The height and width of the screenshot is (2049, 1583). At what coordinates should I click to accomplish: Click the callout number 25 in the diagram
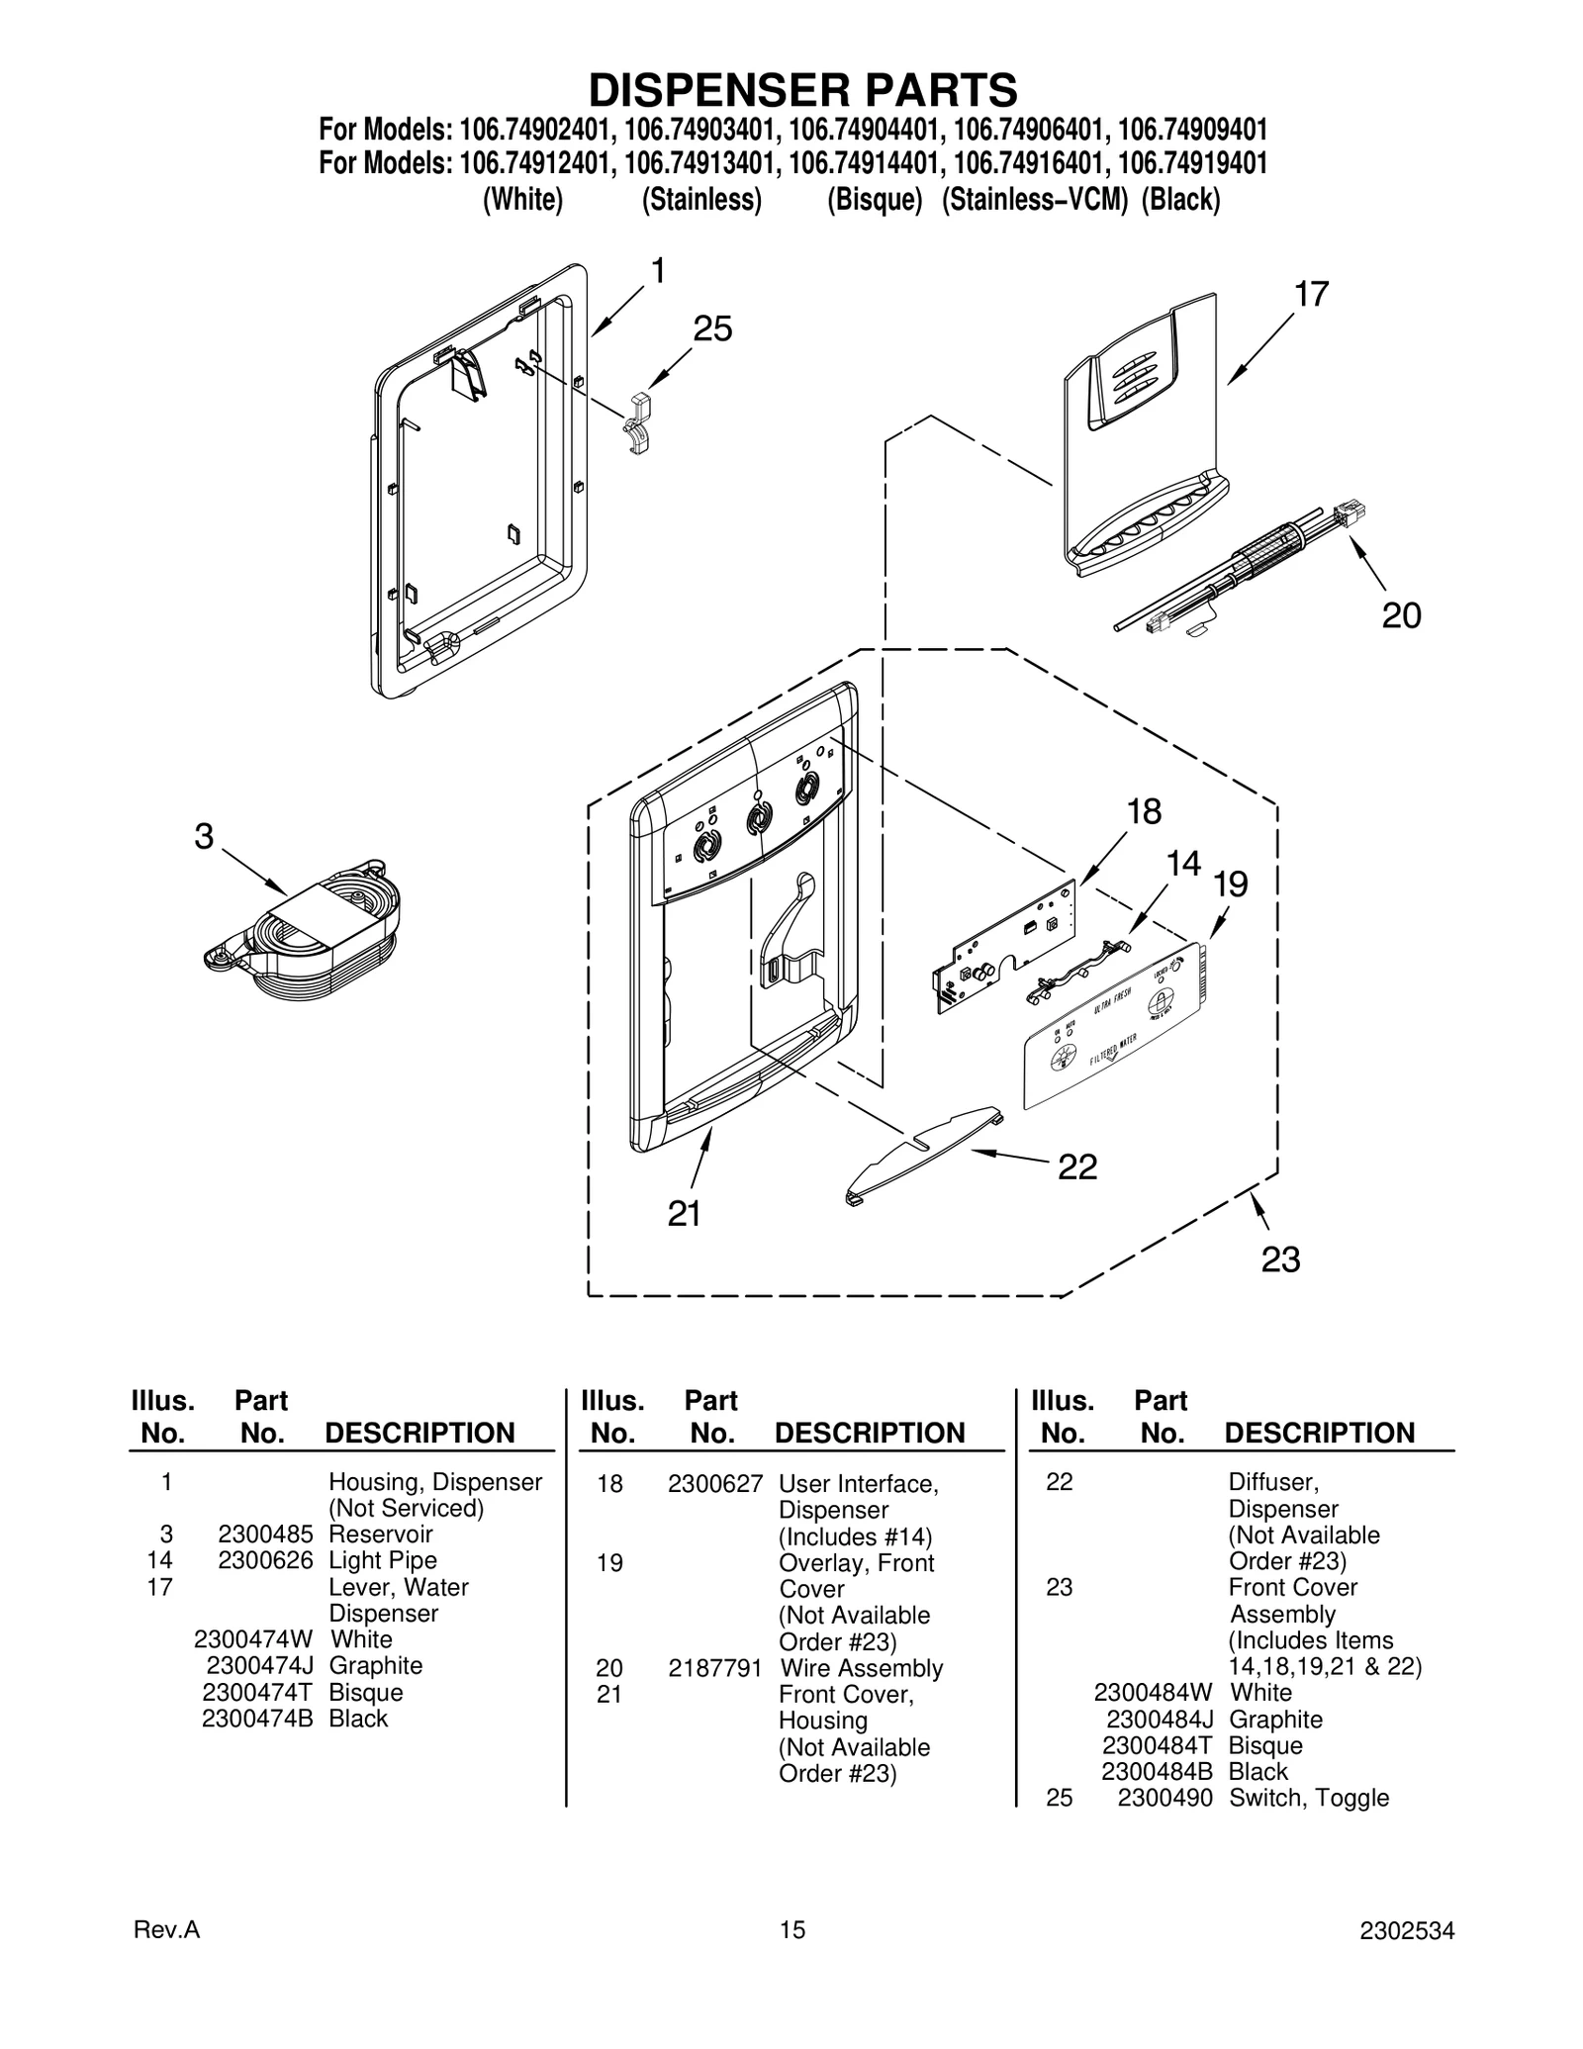[x=712, y=328]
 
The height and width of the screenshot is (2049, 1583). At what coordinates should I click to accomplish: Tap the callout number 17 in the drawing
[x=1311, y=294]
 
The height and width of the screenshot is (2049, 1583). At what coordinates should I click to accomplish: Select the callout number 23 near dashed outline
[x=1280, y=1259]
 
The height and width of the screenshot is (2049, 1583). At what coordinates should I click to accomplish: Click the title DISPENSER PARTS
[x=802, y=90]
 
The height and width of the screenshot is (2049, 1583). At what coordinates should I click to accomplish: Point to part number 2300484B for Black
[x=1157, y=1771]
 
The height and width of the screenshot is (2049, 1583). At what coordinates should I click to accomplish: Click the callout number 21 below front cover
[x=684, y=1214]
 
